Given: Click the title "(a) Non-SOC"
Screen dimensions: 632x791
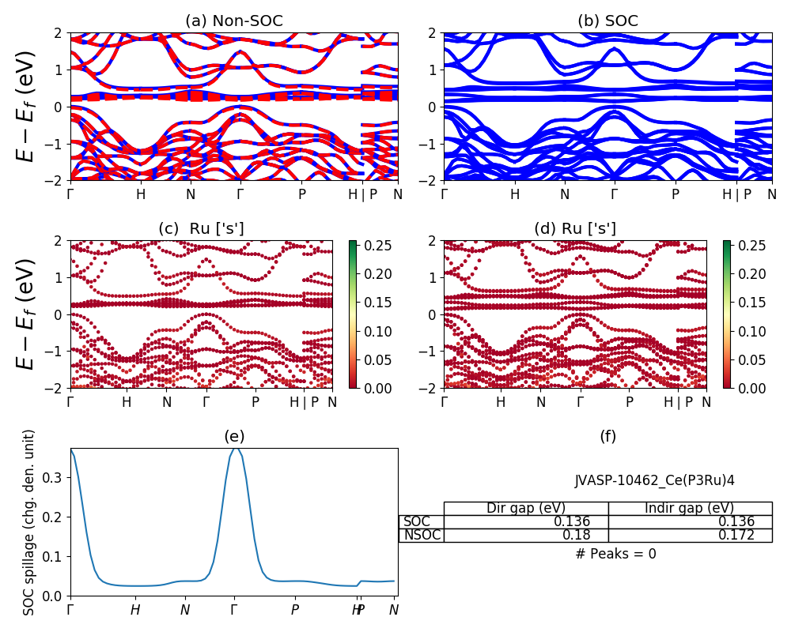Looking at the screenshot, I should tap(233, 21).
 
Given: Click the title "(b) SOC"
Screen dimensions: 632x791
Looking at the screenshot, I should tap(607, 21).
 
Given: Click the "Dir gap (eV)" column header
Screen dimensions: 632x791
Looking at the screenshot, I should tap(528, 508).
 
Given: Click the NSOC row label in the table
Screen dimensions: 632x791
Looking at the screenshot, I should tap(422, 535).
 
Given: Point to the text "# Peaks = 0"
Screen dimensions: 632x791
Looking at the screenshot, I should tap(615, 554).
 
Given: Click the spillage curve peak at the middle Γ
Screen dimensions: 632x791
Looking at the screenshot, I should tap(234, 449).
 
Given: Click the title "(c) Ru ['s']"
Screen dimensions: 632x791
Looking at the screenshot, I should tap(201, 229).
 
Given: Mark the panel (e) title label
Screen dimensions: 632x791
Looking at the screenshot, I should tap(233, 436).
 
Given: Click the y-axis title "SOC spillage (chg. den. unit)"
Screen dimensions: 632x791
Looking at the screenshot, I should tap(29, 522).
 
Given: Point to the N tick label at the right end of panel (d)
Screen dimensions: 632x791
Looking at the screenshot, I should tap(706, 401).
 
